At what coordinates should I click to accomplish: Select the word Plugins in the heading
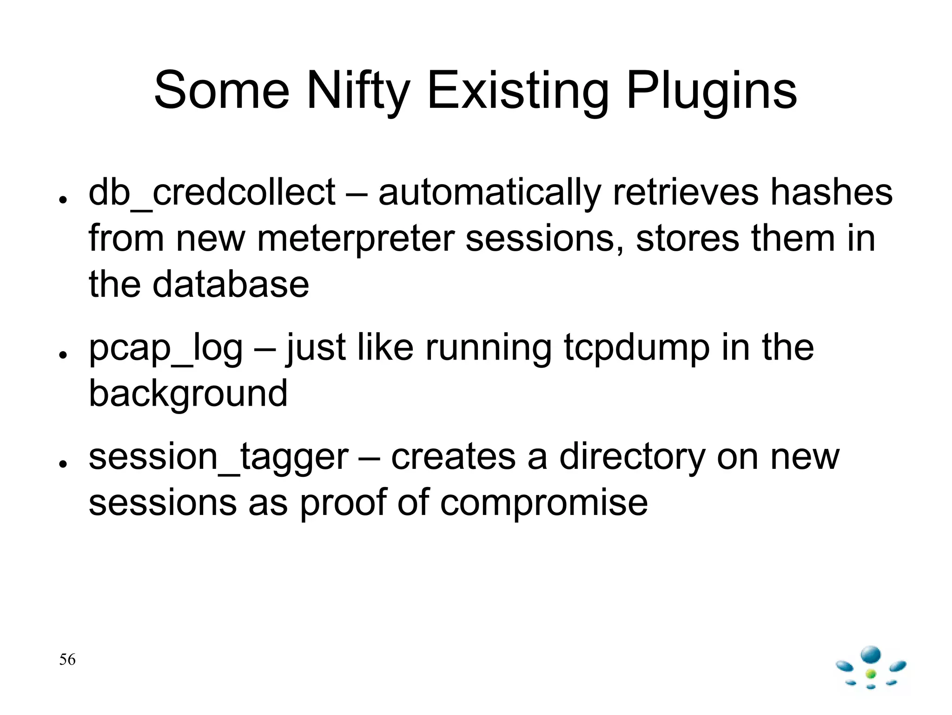coord(712,91)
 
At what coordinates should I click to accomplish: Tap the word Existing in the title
coord(518,91)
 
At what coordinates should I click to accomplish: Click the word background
coord(188,394)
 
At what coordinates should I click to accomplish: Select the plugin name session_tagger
coord(218,457)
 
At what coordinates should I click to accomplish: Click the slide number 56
coord(67,660)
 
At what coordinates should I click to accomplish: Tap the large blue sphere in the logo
coord(871,655)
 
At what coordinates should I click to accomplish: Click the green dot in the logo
coord(871,674)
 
